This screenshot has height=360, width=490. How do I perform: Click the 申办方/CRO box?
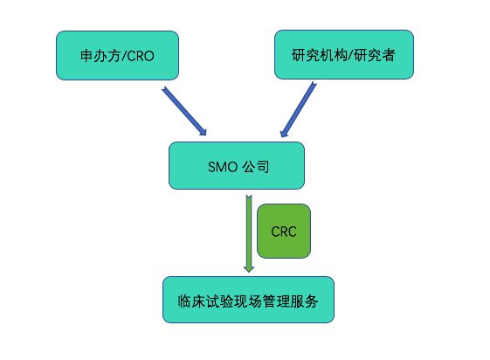pos(118,55)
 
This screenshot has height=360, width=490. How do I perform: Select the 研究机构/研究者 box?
pos(344,55)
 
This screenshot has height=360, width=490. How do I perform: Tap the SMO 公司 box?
pos(237,166)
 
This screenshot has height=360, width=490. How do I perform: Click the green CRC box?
pos(284,232)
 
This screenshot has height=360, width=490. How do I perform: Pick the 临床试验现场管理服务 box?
pos(248,300)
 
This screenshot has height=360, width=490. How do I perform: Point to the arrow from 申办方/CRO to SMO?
pos(184,111)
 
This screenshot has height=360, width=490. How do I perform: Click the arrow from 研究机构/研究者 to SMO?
pos(299,110)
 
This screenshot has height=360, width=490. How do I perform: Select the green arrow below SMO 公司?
pos(249,234)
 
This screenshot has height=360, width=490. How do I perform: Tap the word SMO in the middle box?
pos(223,167)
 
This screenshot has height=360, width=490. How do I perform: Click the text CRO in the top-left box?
pos(141,56)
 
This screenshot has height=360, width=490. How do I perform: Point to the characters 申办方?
pos(100,56)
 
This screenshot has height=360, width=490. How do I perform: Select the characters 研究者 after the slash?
pos(375,55)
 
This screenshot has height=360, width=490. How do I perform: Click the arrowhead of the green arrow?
pos(249,269)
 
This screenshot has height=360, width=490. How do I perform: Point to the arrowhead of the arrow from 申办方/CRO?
pos(203,132)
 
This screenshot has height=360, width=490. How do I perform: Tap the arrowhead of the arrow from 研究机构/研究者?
pos(284,134)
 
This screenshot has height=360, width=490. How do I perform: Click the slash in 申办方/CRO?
pos(124,56)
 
